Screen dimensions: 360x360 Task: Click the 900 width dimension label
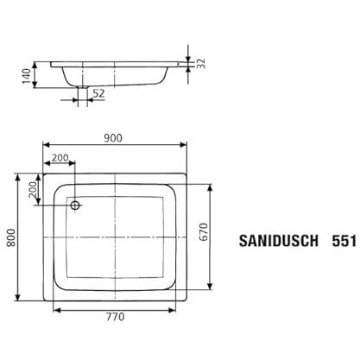(x=113, y=138)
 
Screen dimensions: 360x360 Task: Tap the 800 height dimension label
(x=11, y=237)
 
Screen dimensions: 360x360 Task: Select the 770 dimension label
(x=115, y=317)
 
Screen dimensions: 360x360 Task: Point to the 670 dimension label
(x=203, y=231)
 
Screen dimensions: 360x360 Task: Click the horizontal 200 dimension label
(x=60, y=158)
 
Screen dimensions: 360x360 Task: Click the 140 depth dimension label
(x=27, y=76)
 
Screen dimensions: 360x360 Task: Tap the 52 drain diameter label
(x=98, y=93)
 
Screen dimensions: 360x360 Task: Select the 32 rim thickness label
(x=201, y=64)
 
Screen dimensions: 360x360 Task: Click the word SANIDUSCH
(x=279, y=241)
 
